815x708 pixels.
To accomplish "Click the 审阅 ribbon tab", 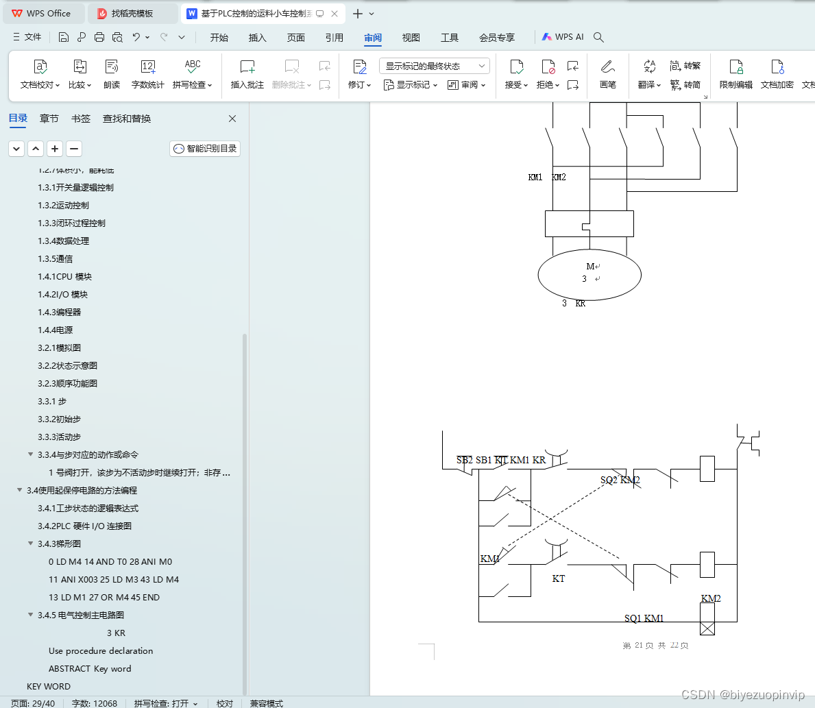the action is tap(373, 38).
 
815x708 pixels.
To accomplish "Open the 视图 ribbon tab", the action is tap(411, 38).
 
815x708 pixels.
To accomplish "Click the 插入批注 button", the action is tap(247, 74).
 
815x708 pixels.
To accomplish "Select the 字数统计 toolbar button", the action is tap(148, 74).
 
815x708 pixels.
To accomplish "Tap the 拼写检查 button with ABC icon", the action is tap(193, 74).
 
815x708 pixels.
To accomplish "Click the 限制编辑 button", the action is tap(736, 74).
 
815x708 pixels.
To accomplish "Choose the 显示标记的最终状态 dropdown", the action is tap(435, 66).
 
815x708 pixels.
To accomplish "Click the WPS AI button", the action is tap(563, 37).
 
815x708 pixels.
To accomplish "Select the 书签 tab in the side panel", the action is tap(81, 119).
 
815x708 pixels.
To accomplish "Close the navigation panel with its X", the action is tap(232, 119).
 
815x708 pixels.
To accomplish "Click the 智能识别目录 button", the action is tap(205, 149).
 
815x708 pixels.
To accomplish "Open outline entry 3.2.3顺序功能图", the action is tap(67, 383).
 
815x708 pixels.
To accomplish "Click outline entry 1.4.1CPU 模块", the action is tap(64, 276).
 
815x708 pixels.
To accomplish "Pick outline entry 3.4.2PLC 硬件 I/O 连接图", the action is tap(84, 526).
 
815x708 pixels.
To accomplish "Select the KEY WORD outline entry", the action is tap(49, 686).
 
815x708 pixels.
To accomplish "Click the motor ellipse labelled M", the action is tap(589, 275).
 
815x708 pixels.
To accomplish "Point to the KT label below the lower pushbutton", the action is tap(559, 579).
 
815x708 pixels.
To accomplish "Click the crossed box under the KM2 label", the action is tap(707, 627).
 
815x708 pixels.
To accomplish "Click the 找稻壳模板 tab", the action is tap(132, 13).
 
